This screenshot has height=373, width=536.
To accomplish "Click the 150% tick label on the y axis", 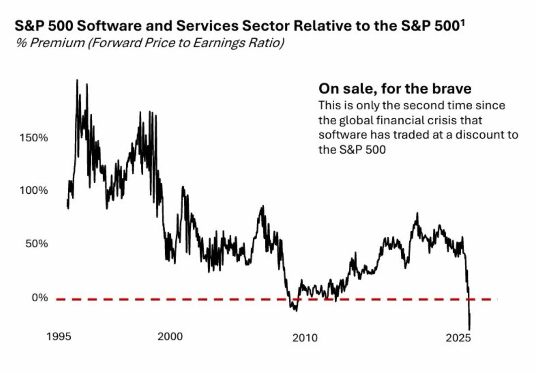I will tap(33, 138).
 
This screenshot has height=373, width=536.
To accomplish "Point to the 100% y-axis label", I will tap(33, 190).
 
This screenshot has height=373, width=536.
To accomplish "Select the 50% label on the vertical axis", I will tap(37, 244).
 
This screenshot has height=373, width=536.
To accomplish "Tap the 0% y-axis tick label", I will tap(40, 298).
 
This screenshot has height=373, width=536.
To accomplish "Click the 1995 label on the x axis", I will tap(59, 336).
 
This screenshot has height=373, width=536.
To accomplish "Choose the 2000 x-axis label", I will tap(170, 336).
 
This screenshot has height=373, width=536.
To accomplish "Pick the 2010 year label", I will tap(305, 338).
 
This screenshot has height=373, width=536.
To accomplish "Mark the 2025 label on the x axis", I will tap(458, 338).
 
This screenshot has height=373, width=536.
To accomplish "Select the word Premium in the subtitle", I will tap(57, 43).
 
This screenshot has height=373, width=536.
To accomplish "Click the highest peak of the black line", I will tap(77, 80).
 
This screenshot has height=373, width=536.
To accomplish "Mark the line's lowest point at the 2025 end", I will tap(469, 329).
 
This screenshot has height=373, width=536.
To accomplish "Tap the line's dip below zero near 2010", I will tap(296, 310).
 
